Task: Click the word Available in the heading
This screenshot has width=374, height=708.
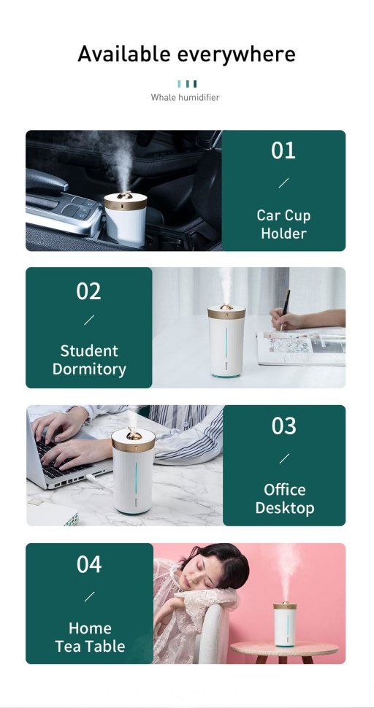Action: pyautogui.click(x=123, y=54)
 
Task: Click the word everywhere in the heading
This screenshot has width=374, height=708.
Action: pyautogui.click(x=236, y=55)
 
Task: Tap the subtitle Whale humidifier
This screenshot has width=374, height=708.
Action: pyautogui.click(x=185, y=97)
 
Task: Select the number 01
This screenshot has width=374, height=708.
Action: pyautogui.click(x=283, y=150)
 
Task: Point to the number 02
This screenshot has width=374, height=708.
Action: pyautogui.click(x=88, y=291)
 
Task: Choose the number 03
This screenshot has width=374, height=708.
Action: pyautogui.click(x=283, y=426)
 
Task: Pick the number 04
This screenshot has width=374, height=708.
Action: pyautogui.click(x=89, y=564)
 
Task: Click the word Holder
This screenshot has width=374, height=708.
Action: pyautogui.click(x=283, y=234)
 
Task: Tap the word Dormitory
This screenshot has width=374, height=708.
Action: pyautogui.click(x=89, y=369)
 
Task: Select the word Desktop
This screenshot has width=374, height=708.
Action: pyautogui.click(x=285, y=508)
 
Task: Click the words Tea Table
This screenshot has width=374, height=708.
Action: pyautogui.click(x=90, y=646)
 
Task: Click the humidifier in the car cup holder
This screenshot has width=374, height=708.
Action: pyautogui.click(x=126, y=218)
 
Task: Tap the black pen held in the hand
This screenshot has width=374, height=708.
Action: pyautogui.click(x=285, y=309)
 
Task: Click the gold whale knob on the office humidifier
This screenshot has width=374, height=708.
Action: pyautogui.click(x=133, y=434)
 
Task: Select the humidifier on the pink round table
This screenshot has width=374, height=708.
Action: pyautogui.click(x=286, y=624)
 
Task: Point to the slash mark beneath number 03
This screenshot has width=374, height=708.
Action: pyautogui.click(x=284, y=458)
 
